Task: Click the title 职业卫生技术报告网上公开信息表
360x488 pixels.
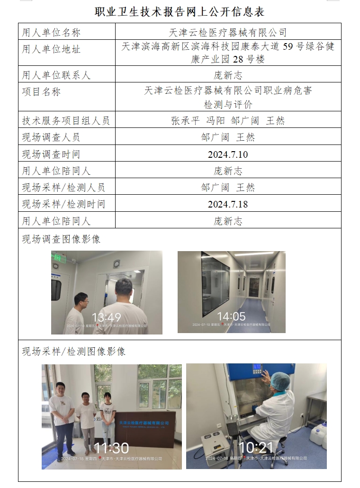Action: click(x=180, y=11)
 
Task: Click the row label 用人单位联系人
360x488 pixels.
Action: click(x=56, y=75)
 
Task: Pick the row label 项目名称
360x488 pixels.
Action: click(x=41, y=92)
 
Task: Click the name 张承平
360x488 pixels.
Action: click(x=185, y=120)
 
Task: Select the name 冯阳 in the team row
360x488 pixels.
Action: click(x=216, y=120)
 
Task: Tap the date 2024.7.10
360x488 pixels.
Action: click(x=228, y=154)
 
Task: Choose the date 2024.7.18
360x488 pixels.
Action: click(x=228, y=204)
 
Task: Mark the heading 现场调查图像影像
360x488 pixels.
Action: click(x=61, y=239)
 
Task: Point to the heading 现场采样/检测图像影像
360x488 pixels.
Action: click(x=73, y=352)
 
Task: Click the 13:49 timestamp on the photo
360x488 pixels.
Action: click(x=106, y=317)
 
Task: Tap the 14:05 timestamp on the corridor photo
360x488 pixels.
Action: click(x=231, y=316)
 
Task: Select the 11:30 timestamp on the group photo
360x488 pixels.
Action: click(x=111, y=448)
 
